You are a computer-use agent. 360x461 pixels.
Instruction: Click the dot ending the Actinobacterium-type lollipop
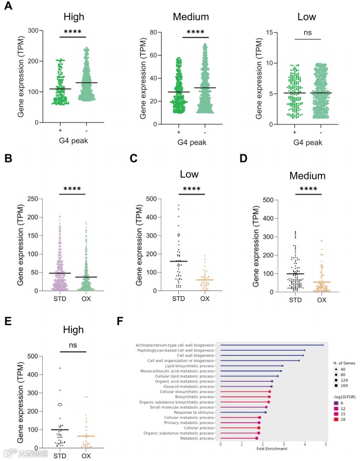pyautogui.click(x=322, y=345)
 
